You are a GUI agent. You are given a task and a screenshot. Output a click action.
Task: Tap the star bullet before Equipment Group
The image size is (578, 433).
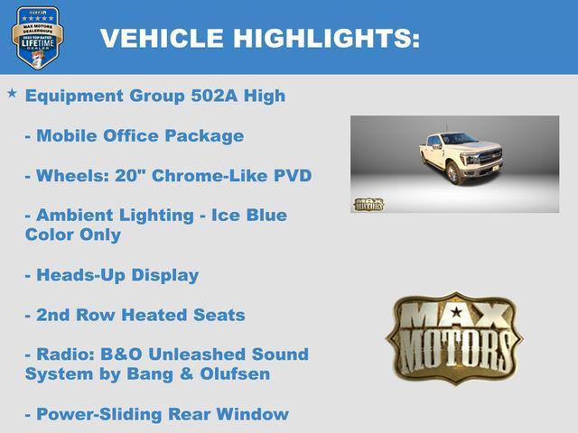click(12, 93)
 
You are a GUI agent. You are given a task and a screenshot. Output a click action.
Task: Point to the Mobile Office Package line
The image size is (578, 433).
click(135, 136)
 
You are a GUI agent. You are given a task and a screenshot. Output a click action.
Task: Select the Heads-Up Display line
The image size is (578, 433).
click(112, 275)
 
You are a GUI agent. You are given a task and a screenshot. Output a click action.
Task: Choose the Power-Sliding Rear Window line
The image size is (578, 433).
click(157, 414)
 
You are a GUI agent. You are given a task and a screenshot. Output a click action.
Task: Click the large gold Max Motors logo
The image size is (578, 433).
click(453, 336)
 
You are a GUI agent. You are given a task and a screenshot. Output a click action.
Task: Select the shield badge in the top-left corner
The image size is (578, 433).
click(37, 38)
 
